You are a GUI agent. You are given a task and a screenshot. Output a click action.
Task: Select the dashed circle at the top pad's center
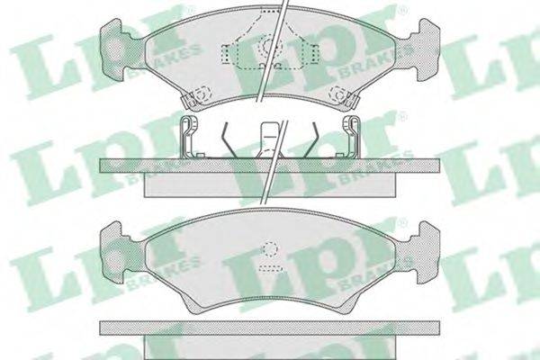pyautogui.click(x=268, y=47)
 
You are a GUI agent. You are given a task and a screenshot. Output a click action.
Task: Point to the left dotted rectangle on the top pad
pyautogui.click(x=225, y=54)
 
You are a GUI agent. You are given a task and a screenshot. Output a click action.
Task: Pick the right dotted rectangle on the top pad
pyautogui.click(x=315, y=54)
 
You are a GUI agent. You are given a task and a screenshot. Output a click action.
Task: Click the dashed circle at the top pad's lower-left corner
pyautogui.click(x=199, y=94)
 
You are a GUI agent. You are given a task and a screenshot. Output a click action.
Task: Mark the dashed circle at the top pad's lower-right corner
pyautogui.click(x=338, y=94)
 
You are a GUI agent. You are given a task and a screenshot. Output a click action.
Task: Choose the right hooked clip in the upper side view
pyautogui.click(x=352, y=136)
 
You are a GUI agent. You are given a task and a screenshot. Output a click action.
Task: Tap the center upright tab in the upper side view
pyautogui.click(x=270, y=139)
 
